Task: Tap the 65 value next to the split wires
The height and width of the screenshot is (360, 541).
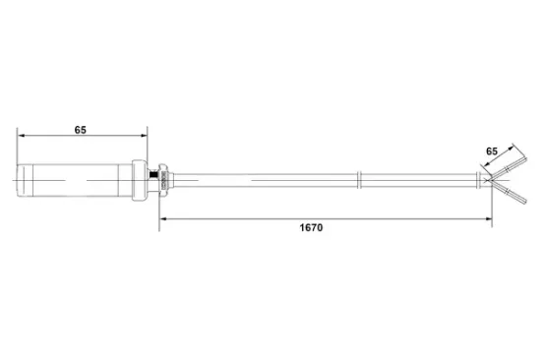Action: [492, 150]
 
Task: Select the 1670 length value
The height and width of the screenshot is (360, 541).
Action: [311, 227]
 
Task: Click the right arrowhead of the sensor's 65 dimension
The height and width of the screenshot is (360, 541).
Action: [143, 138]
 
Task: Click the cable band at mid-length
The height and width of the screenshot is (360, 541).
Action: [360, 179]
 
